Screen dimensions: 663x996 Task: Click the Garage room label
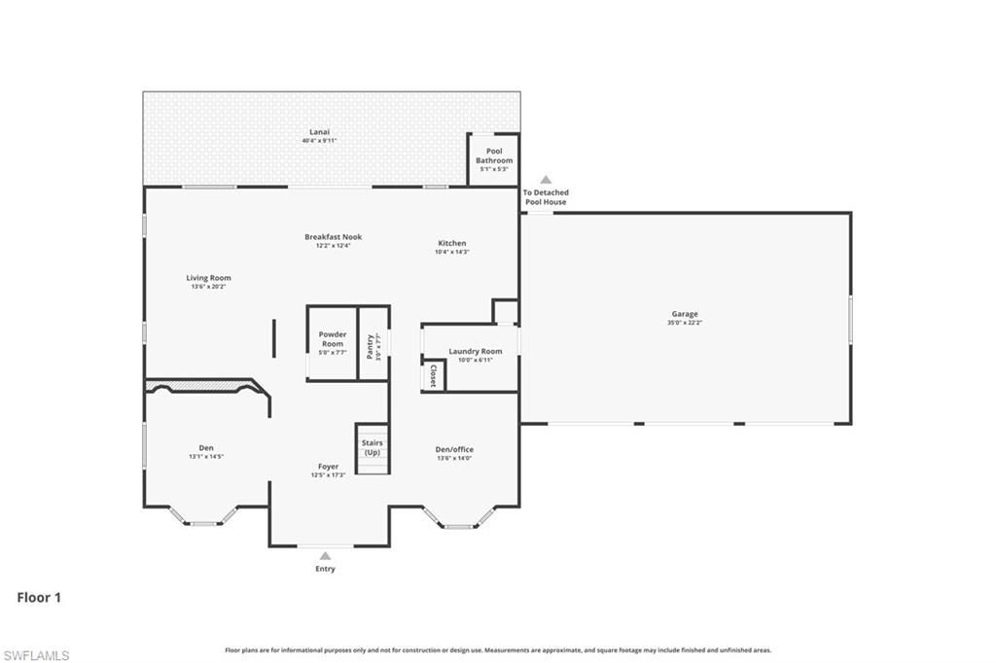tap(684, 314)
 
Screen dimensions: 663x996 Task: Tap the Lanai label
tap(319, 131)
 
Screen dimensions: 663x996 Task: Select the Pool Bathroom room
tap(494, 159)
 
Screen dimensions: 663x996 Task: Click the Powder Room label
tap(333, 338)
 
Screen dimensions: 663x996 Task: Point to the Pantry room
tap(373, 346)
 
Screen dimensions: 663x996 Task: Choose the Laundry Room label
tap(475, 351)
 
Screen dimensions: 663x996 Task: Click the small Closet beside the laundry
tap(433, 376)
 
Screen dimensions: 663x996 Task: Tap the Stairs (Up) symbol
tap(372, 449)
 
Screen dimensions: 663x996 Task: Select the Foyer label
tap(328, 467)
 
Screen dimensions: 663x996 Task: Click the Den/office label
tap(454, 449)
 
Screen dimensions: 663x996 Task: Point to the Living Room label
tap(208, 278)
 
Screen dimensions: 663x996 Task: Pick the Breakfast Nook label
tap(333, 237)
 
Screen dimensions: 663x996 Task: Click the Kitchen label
tap(451, 243)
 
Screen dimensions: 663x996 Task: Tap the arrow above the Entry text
tap(325, 556)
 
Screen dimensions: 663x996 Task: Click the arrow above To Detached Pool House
tap(546, 180)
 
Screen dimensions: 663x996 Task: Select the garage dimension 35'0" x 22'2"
tap(684, 323)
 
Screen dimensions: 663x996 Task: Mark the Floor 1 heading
tap(39, 598)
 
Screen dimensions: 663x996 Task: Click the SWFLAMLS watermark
tap(36, 655)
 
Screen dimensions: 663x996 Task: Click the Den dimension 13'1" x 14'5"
tap(206, 457)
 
